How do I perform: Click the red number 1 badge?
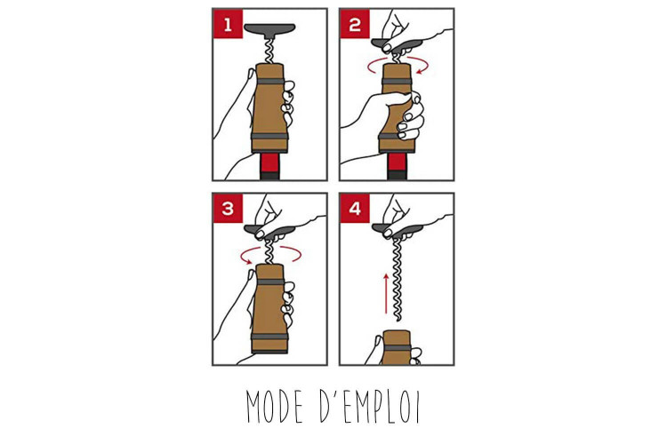click(228, 24)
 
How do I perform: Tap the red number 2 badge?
click(355, 24)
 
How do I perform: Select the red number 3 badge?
click(228, 208)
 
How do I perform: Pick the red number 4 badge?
click(355, 208)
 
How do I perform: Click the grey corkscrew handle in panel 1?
click(269, 30)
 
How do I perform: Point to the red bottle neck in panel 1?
click(269, 166)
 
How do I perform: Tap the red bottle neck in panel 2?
click(397, 166)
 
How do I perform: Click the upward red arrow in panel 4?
click(386, 294)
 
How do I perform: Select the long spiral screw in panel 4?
click(397, 279)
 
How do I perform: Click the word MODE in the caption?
click(275, 406)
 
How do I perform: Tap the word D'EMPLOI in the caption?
click(370, 406)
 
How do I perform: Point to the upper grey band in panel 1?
click(269, 82)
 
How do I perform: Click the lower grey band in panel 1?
click(269, 136)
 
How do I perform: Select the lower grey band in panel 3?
click(269, 337)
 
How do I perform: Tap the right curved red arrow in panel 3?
click(292, 254)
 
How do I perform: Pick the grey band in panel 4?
click(397, 348)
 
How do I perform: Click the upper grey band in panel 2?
click(397, 82)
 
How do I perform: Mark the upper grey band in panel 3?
click(269, 282)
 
